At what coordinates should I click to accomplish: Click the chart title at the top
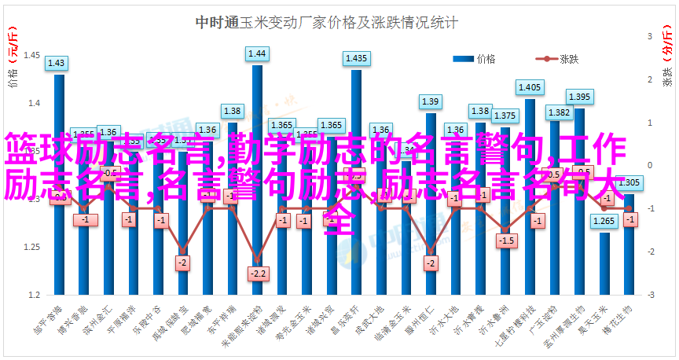(x=326, y=23)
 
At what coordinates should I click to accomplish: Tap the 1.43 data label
(x=57, y=64)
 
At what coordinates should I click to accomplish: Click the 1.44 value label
(x=257, y=54)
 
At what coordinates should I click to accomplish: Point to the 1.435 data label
(x=356, y=58)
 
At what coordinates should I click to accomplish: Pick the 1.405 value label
(x=530, y=87)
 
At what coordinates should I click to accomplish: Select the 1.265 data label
(x=604, y=221)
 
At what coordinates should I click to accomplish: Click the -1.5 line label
(x=505, y=240)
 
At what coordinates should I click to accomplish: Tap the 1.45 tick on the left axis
(x=32, y=55)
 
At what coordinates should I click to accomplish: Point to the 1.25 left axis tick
(x=32, y=247)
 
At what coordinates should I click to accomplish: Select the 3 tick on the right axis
(x=650, y=36)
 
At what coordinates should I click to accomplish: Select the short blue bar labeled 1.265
(x=604, y=263)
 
